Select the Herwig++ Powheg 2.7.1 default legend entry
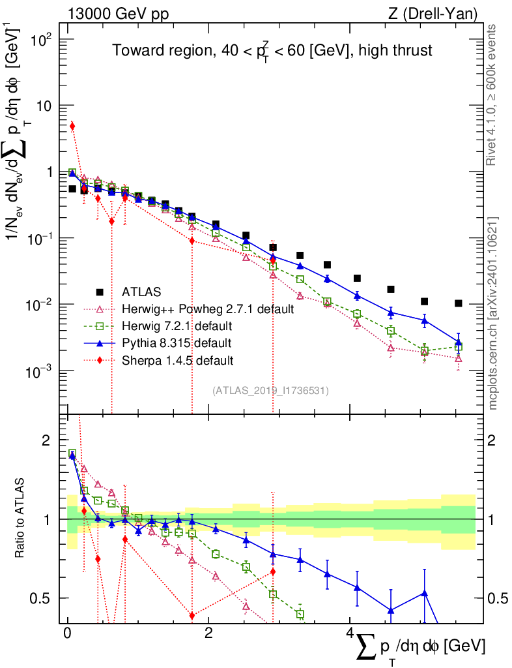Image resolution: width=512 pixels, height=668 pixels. pyautogui.click(x=207, y=309)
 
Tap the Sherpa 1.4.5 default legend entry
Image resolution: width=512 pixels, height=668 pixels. pyautogui.click(x=178, y=359)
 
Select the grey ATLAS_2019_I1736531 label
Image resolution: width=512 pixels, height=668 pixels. pyautogui.click(x=270, y=391)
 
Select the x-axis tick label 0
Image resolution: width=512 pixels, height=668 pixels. pyautogui.click(x=67, y=634)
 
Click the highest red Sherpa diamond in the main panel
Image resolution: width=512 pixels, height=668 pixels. pyautogui.click(x=72, y=126)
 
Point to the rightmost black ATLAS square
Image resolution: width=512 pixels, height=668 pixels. pyautogui.click(x=459, y=303)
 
